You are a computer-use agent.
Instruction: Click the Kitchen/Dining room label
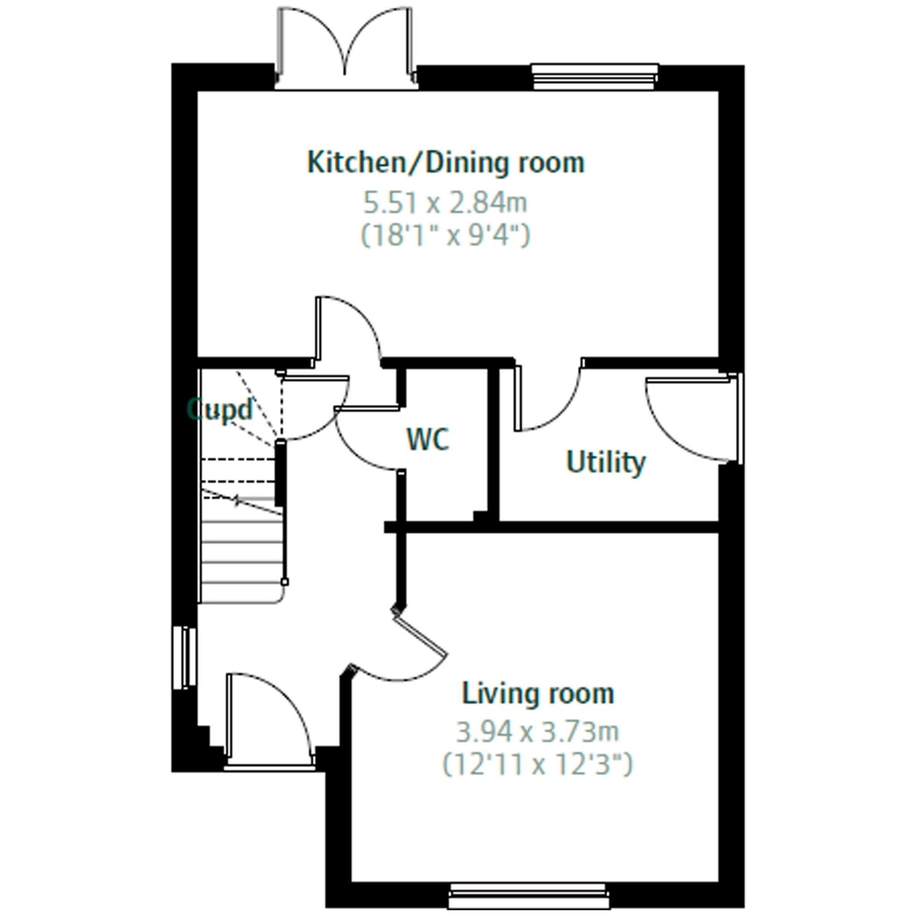(x=446, y=163)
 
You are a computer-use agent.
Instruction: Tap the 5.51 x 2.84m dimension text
(x=445, y=202)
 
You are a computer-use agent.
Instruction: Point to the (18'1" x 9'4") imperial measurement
(x=445, y=235)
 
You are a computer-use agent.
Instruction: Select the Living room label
(x=538, y=693)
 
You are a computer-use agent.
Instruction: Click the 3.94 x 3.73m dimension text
(x=538, y=731)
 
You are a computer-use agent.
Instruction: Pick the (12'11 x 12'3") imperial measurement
(x=538, y=764)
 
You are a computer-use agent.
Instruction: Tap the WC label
(x=427, y=439)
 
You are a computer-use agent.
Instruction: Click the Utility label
(x=606, y=462)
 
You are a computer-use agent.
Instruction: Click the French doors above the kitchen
(x=345, y=48)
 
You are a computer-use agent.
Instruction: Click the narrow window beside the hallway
(x=185, y=658)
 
